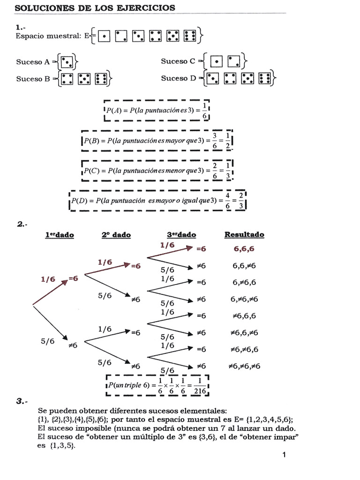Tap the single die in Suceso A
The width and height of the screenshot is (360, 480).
pos(67,61)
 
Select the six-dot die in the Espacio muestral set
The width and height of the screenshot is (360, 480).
pos(190,36)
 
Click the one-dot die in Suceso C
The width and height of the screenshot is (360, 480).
pos(216,61)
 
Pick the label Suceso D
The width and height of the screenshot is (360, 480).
pos(178,78)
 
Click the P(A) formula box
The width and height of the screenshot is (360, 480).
pos(157,111)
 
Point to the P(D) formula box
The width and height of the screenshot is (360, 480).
pos(157,201)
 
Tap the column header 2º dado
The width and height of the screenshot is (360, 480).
pos(116,235)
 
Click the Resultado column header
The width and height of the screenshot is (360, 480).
pos(244,235)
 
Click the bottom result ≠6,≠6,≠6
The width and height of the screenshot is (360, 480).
pos(244,366)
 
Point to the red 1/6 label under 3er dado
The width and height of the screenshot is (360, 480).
pos(167,245)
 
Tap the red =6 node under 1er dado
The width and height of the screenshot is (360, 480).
pos(73,278)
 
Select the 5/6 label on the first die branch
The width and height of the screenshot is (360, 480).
pos(47,341)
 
